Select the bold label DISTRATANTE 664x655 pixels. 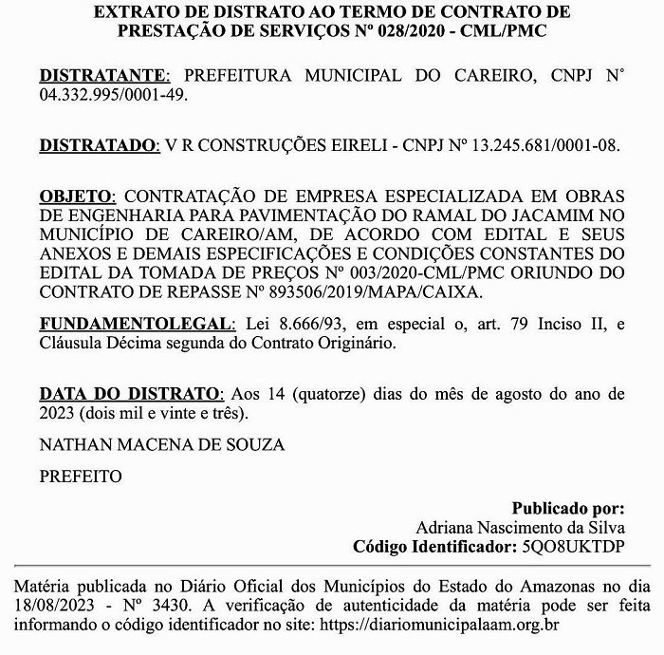103,76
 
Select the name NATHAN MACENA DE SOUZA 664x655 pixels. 161,443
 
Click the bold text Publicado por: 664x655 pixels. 568,508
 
